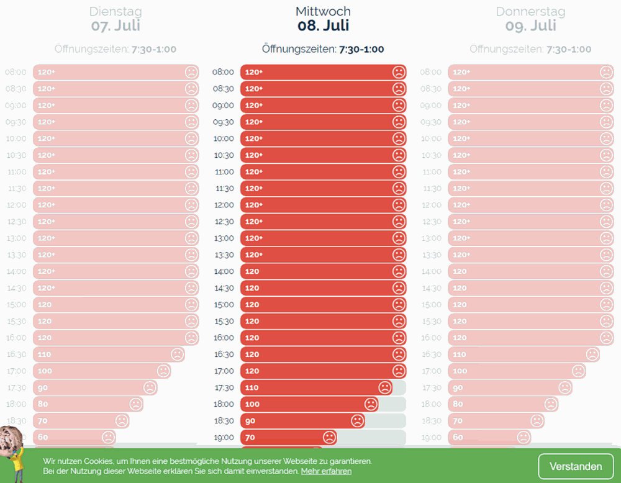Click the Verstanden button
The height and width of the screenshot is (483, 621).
click(576, 466)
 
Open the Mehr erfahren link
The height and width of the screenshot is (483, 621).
click(326, 471)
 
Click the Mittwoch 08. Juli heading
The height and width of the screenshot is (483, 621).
click(323, 19)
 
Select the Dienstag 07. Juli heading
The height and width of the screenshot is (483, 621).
click(116, 19)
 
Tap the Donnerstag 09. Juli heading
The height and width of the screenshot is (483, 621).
click(530, 19)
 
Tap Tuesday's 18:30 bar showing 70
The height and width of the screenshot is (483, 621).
click(81, 421)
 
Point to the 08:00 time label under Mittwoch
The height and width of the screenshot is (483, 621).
click(223, 72)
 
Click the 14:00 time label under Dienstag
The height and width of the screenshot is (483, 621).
click(16, 271)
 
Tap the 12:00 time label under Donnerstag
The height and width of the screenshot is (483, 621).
click(431, 205)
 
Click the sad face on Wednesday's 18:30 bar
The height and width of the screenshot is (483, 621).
click(357, 421)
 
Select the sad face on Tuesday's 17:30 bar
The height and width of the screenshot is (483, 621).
click(150, 387)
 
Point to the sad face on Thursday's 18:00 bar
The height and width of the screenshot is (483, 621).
click(551, 404)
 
